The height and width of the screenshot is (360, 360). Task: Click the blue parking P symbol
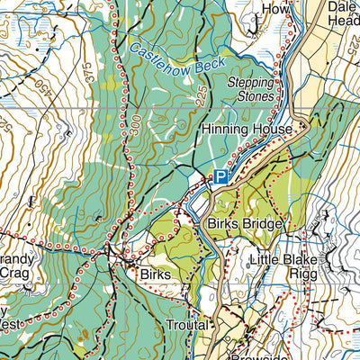click(220, 178)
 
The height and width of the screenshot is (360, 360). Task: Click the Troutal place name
click(186, 324)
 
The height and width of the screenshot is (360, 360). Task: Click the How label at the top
click(274, 8)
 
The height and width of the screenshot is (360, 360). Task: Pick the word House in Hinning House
click(272, 130)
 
